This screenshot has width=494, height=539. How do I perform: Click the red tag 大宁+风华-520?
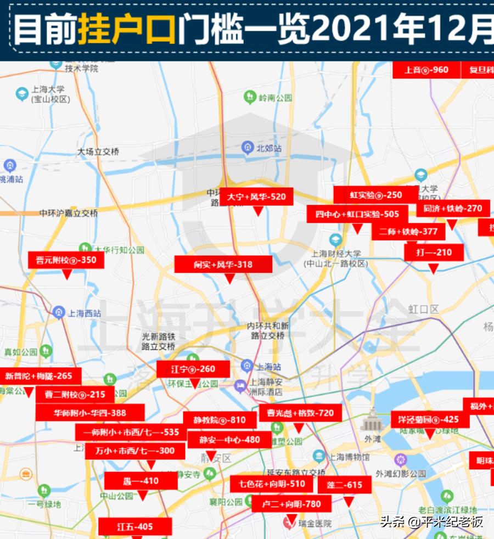(x=256, y=196)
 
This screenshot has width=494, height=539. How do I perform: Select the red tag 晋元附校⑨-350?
(x=66, y=260)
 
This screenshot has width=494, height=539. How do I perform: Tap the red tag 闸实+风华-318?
(x=223, y=265)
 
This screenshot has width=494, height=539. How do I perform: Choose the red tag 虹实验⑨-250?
(x=375, y=195)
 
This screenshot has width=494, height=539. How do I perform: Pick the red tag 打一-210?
(x=434, y=252)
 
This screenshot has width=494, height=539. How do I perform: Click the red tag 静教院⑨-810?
(x=220, y=420)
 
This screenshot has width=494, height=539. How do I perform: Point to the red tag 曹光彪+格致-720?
(x=300, y=413)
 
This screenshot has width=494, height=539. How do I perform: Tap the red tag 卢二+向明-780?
(x=291, y=504)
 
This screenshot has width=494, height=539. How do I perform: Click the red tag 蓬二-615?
(x=344, y=485)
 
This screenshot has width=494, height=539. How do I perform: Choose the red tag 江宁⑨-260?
(x=193, y=369)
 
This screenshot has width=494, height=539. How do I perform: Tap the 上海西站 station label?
(x=84, y=313)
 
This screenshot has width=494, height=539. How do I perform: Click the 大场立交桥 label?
(x=98, y=152)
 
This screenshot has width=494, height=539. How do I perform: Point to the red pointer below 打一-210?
(x=433, y=268)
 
